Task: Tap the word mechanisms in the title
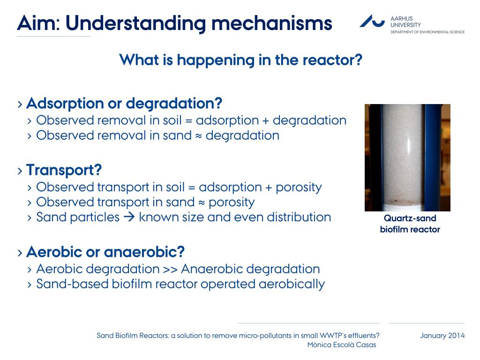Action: (272, 23)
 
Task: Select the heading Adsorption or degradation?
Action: (124, 104)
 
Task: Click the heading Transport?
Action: (64, 170)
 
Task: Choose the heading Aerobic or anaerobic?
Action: (105, 252)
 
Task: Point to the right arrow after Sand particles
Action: (129, 217)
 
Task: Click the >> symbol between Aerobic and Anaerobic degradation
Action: (170, 270)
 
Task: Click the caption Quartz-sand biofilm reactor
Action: (410, 224)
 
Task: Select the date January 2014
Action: (442, 336)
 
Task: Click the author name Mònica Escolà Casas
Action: (342, 345)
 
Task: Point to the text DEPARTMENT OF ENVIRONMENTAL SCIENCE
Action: (427, 32)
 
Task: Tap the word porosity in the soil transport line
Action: (299, 187)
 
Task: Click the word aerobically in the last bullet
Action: (292, 285)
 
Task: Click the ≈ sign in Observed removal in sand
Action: (199, 136)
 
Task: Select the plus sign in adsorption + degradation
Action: (266, 120)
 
